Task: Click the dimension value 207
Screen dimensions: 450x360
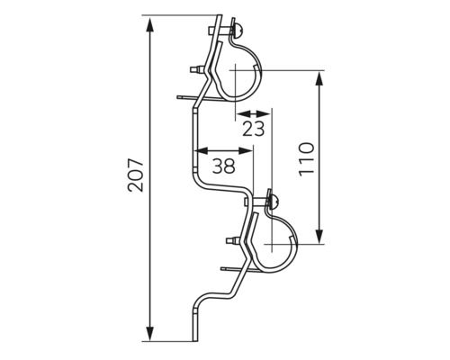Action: click(x=136, y=175)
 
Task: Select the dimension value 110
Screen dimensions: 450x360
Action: click(x=306, y=159)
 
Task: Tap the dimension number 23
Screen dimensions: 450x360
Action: click(x=254, y=129)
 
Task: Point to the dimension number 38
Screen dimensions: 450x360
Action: click(x=223, y=166)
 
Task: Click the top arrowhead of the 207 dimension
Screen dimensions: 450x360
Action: click(x=150, y=24)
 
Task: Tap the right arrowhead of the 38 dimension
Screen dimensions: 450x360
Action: click(x=246, y=150)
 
